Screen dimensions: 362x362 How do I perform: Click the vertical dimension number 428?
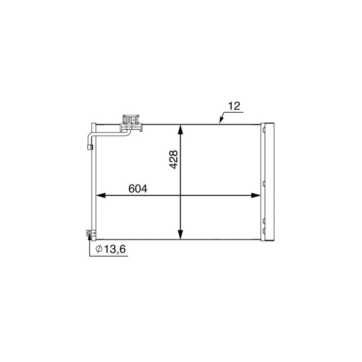[x=174, y=160]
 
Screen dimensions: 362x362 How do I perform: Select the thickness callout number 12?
[x=234, y=106]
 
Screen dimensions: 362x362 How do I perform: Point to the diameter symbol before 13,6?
[x=98, y=250]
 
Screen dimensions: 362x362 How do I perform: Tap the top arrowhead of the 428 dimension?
[x=180, y=130]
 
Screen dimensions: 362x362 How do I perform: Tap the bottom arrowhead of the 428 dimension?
[x=180, y=235]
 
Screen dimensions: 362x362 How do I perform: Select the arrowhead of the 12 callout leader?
[x=220, y=122]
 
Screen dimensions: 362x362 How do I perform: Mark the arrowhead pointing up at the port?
[x=90, y=238]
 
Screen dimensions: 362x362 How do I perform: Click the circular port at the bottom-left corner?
[x=90, y=234]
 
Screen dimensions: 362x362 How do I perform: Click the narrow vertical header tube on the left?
[x=93, y=181]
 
